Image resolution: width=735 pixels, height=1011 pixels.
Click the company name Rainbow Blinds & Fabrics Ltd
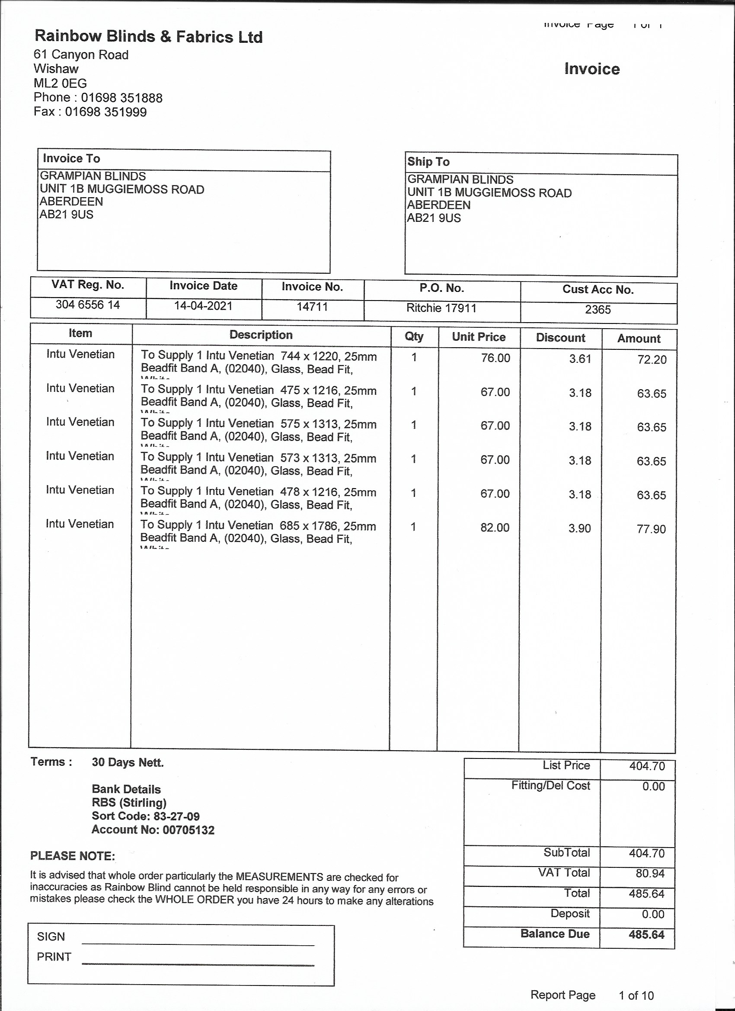148,37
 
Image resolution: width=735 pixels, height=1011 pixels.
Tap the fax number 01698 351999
105,112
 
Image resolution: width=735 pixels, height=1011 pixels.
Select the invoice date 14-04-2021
203,306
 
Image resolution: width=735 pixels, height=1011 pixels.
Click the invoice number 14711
312,307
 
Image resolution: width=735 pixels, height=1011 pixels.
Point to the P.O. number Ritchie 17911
441,308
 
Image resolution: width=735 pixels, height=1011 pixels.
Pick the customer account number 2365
598,309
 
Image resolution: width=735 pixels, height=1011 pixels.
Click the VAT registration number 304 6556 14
88,304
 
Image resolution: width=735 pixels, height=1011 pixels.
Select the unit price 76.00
495,358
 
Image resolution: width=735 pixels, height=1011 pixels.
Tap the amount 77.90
651,529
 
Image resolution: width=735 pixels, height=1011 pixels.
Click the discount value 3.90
579,528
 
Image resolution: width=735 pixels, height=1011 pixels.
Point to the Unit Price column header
479,336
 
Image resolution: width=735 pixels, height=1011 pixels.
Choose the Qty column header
414,336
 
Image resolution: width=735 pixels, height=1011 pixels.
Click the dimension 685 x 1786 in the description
308,526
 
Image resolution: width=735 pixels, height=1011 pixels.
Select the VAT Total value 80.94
650,873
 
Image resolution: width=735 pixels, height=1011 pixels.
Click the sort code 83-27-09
176,816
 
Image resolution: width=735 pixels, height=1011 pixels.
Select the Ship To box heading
428,162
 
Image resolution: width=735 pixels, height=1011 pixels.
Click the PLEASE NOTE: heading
73,856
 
